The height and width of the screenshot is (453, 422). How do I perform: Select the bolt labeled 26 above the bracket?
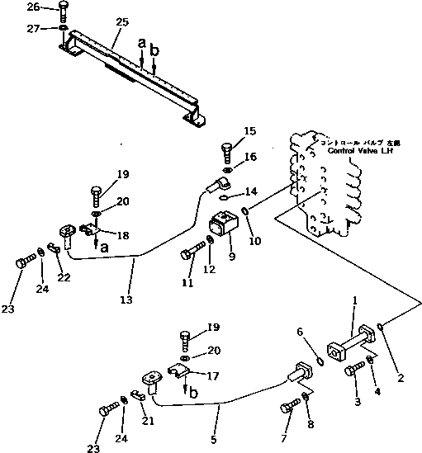click(x=63, y=12)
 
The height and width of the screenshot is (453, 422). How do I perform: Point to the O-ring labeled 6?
click(x=318, y=360)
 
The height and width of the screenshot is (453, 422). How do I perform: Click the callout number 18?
click(x=123, y=236)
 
